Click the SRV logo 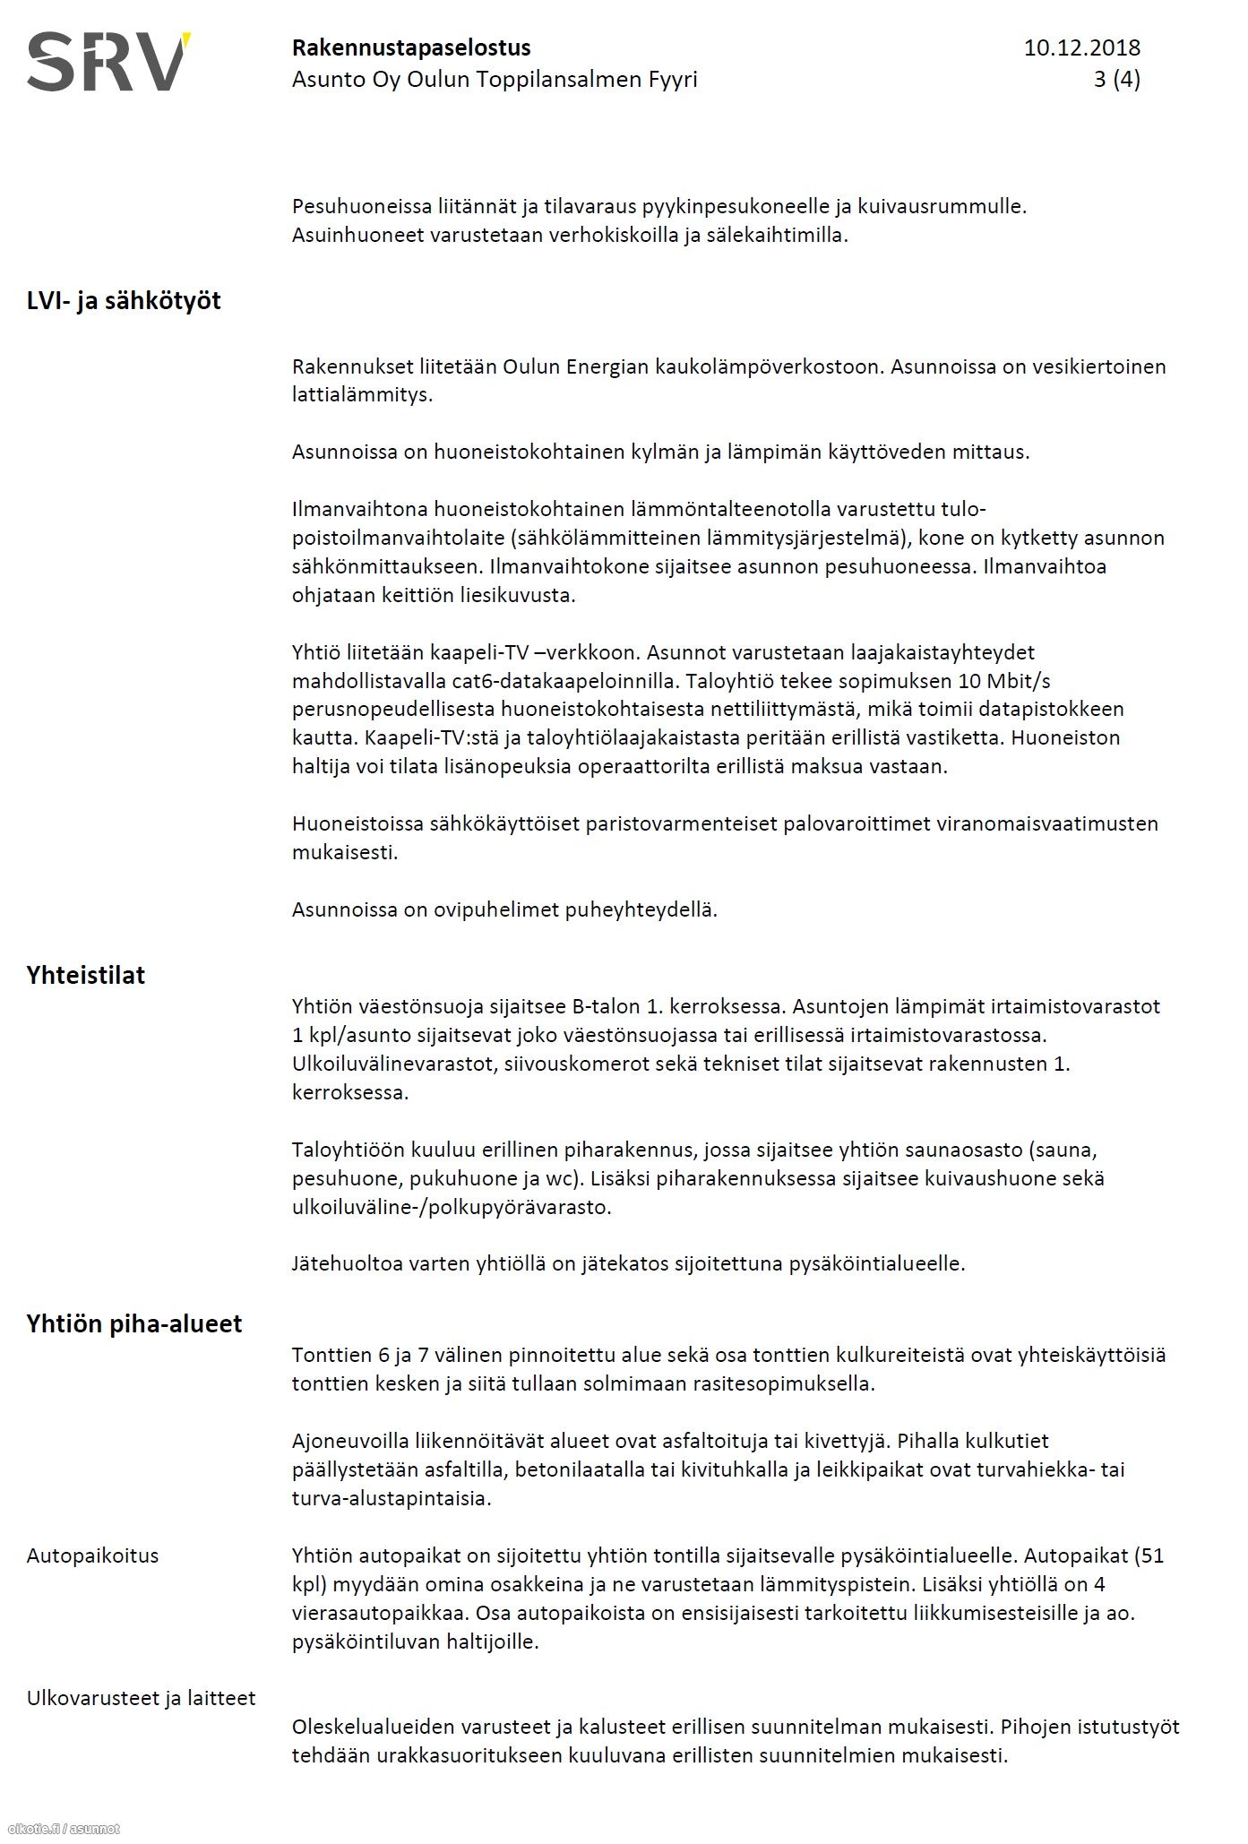click(108, 62)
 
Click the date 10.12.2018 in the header click(1081, 47)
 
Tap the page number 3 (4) click(1116, 80)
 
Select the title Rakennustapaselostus click(411, 47)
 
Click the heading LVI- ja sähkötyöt click(124, 301)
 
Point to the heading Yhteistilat click(86, 976)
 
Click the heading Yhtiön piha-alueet click(134, 1324)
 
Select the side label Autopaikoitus click(92, 1555)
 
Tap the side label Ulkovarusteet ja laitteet click(141, 1698)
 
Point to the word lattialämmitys click(362, 394)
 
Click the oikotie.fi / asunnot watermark click(63, 1829)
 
